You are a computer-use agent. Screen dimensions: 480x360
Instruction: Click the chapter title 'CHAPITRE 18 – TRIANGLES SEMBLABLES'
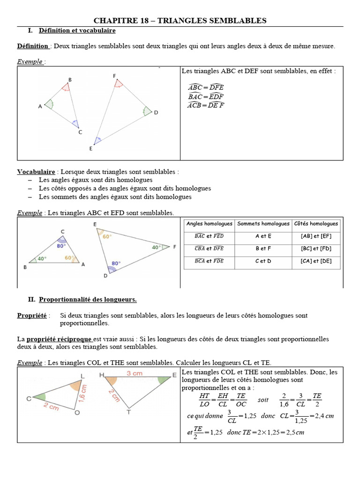[180, 20]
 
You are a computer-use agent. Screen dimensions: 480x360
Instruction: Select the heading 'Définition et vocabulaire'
[77, 30]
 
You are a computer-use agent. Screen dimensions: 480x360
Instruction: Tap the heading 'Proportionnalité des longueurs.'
[88, 299]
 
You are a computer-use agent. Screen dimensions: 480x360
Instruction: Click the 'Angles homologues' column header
[209, 224]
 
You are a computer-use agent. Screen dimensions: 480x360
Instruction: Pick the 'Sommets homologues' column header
[263, 224]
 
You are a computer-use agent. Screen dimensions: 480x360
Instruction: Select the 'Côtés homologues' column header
[316, 224]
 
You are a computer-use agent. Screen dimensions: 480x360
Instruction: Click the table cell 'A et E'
[263, 236]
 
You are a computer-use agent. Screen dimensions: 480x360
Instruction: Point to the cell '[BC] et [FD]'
[316, 248]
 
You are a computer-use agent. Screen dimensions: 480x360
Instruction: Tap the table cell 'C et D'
[263, 261]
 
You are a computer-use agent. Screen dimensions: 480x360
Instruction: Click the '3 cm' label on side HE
[134, 374]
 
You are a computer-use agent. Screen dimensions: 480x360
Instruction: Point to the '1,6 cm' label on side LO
[84, 394]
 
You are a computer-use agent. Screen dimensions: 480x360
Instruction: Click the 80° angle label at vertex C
[61, 245]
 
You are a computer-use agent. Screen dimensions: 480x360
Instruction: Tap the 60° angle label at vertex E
[107, 237]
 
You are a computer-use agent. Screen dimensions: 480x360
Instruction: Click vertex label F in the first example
[114, 76]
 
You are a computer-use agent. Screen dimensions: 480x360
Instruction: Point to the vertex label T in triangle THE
[129, 412]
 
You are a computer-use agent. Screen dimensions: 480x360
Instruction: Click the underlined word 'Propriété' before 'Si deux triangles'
[32, 315]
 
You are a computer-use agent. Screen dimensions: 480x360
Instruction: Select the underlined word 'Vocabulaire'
[36, 172]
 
